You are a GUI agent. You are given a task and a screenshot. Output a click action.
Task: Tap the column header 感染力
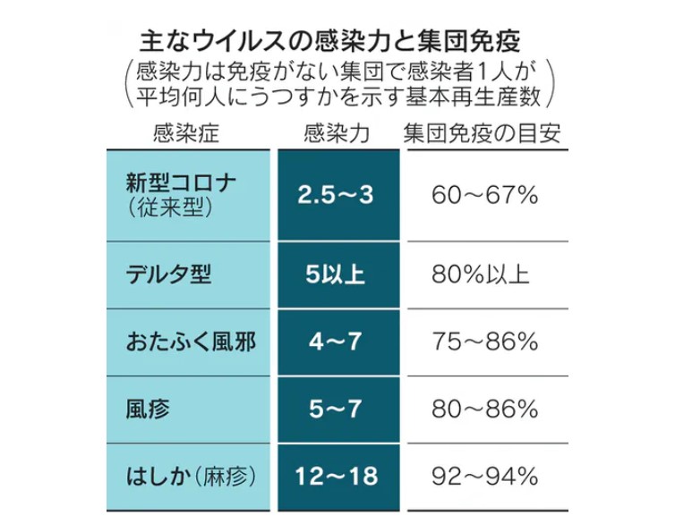click(x=337, y=134)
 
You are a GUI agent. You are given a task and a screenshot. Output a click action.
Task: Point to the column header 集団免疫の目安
click(x=484, y=134)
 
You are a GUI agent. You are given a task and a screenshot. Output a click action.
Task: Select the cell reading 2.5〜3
click(x=337, y=196)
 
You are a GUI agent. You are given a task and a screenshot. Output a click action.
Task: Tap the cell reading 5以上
click(x=337, y=273)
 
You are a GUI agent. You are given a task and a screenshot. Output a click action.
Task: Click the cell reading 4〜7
click(x=337, y=342)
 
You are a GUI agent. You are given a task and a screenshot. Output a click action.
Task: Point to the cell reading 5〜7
click(x=337, y=410)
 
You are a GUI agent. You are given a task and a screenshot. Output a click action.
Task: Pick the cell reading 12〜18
click(x=337, y=477)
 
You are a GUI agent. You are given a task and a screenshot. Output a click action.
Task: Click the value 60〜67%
click(x=484, y=196)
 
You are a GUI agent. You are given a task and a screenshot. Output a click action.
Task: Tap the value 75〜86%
click(x=484, y=342)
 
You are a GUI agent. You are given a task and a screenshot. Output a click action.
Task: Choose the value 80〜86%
click(x=484, y=410)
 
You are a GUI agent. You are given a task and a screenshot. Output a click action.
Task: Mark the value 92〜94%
click(x=484, y=477)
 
